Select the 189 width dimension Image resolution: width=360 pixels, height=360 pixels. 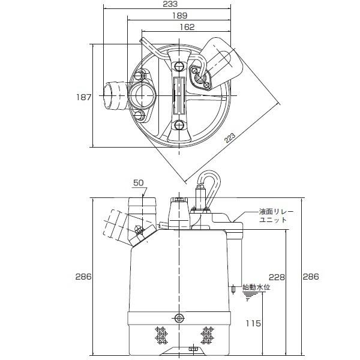click(179, 16)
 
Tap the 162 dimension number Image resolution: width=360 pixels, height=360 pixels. click(187, 26)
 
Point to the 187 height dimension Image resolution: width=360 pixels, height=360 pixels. click(85, 96)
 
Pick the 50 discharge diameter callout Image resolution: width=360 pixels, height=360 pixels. click(139, 182)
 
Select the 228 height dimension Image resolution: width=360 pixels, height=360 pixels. click(277, 277)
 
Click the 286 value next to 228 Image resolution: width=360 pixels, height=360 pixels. click(310, 277)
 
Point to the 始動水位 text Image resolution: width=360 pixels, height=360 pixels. click(256, 287)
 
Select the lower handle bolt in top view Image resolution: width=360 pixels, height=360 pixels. click(179, 125)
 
